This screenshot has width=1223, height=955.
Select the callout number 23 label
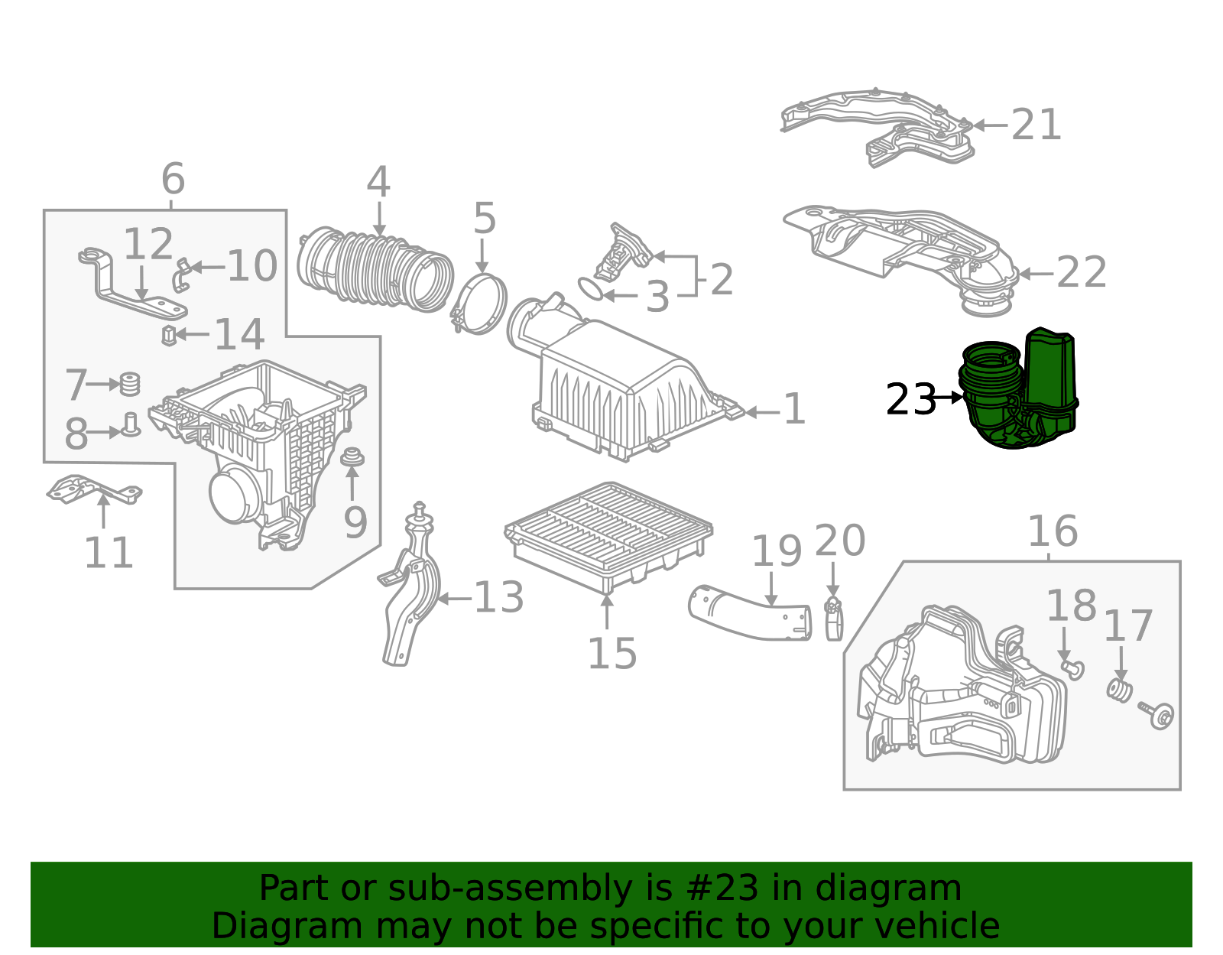910,399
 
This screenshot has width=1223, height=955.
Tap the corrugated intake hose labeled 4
375,268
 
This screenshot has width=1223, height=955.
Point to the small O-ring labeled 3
590,289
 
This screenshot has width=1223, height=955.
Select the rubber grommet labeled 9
352,459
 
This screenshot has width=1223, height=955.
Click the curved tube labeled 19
749,612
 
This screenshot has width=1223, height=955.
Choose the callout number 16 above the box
1053,531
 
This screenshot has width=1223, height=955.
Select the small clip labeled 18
1073,669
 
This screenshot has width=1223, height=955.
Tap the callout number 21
1036,125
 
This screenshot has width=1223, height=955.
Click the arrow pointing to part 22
1036,273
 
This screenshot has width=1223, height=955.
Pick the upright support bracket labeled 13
411,596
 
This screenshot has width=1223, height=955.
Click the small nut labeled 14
169,335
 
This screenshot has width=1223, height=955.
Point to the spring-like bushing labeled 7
131,384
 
